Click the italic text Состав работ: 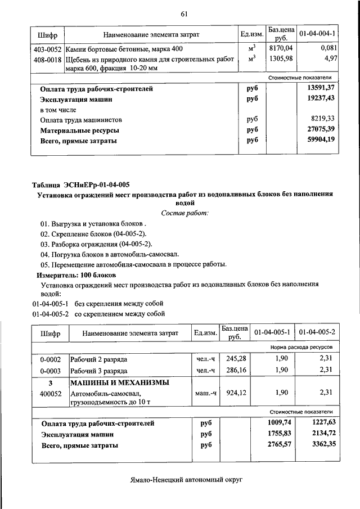click(184, 213)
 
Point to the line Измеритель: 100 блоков click(76, 275)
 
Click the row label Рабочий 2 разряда click(98, 359)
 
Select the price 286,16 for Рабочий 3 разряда click(236, 371)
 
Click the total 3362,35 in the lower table click(321, 445)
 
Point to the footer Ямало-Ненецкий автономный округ click(184, 481)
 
